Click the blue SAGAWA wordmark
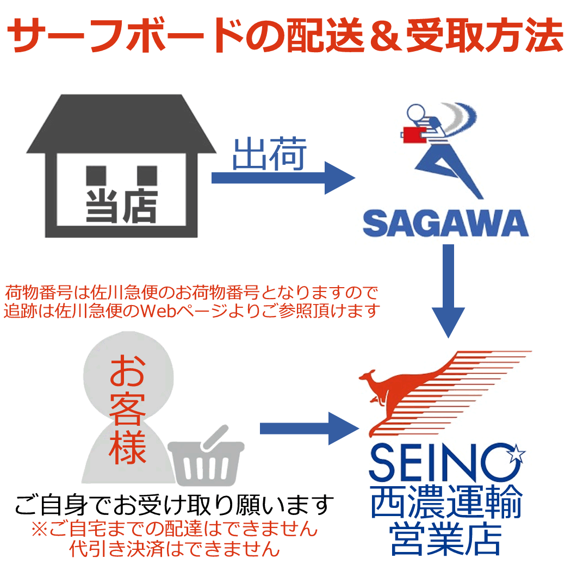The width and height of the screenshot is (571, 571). click(x=445, y=223)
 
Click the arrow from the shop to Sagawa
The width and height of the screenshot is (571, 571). click(x=283, y=178)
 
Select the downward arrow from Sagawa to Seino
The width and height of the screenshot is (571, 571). click(x=448, y=290)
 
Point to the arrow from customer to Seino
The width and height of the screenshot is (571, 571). click(x=309, y=429)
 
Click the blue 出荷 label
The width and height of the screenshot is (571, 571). click(x=270, y=154)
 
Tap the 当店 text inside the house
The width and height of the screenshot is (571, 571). click(x=121, y=206)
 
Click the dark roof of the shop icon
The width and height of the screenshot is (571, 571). click(x=121, y=124)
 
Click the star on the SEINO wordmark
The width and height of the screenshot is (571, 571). click(x=517, y=454)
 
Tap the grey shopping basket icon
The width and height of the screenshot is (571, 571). click(x=206, y=457)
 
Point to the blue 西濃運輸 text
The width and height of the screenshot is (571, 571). click(x=446, y=501)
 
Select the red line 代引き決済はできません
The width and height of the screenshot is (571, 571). click(x=174, y=548)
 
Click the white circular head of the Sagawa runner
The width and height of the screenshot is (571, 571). click(x=416, y=112)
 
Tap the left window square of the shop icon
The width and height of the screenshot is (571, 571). click(x=96, y=176)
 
